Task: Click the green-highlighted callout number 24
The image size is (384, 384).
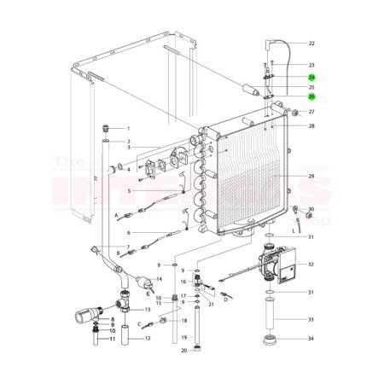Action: pyautogui.click(x=311, y=77)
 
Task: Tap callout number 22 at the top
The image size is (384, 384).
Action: pyautogui.click(x=311, y=43)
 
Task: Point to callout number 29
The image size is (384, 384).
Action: pyautogui.click(x=311, y=177)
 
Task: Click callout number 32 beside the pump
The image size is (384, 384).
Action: pyautogui.click(x=311, y=265)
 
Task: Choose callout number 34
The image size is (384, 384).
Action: pyautogui.click(x=311, y=339)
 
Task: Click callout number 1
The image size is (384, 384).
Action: pyautogui.click(x=128, y=127)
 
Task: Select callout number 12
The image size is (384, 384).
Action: pyautogui.click(x=148, y=338)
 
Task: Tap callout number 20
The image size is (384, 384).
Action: pyautogui.click(x=183, y=350)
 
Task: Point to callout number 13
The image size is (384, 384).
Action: pyautogui.click(x=147, y=309)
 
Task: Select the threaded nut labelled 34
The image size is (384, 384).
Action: pyautogui.click(x=273, y=340)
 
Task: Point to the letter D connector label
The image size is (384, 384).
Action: pyautogui.click(x=225, y=300)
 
